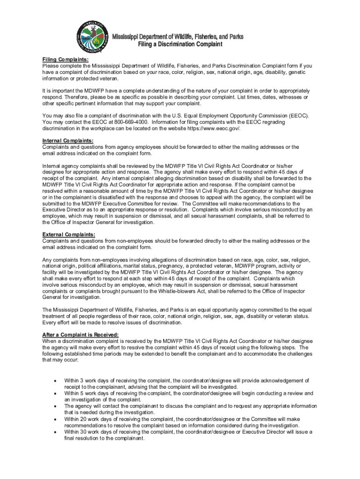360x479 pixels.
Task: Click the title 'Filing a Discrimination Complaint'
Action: click(x=180, y=44)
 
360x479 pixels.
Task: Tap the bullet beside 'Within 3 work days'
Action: click(x=56, y=381)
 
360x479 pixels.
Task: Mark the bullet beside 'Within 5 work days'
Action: click(x=56, y=394)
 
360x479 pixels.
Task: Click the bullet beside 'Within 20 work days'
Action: click(x=56, y=420)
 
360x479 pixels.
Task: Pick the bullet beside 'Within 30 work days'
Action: click(x=56, y=432)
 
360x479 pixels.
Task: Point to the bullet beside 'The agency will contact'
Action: click(x=56, y=406)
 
